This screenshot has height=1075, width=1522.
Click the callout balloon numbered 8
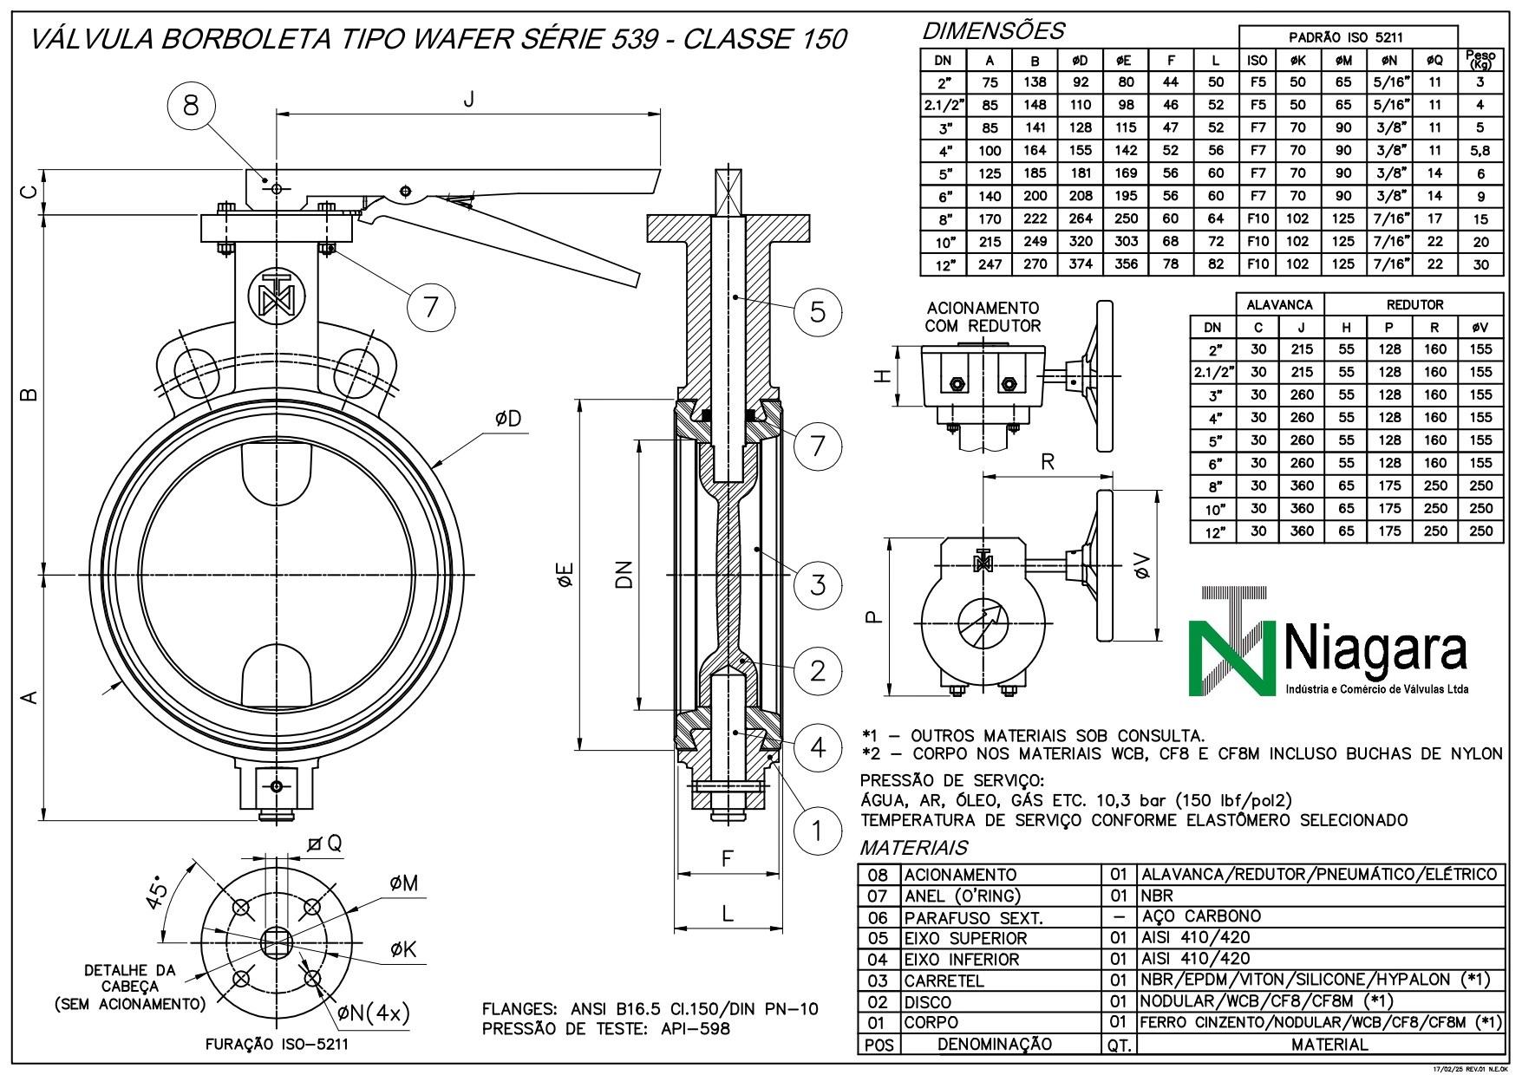192,105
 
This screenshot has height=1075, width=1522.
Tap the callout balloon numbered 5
818,310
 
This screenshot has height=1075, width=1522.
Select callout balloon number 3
818,584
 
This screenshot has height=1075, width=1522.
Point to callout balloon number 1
817,831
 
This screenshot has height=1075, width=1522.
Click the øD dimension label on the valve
509,419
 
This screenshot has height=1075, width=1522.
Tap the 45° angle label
158,894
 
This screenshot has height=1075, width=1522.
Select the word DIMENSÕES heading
992,32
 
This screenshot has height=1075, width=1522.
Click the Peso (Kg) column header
1480,59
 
